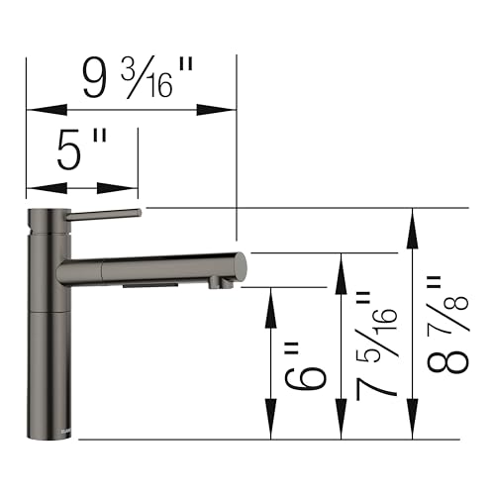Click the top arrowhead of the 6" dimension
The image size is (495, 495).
[269, 298]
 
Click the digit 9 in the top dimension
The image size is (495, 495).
[95, 77]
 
